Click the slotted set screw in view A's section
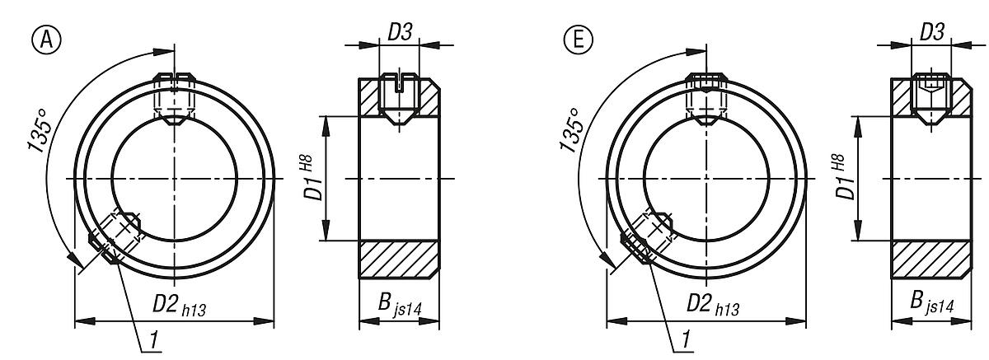[x=399, y=98]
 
